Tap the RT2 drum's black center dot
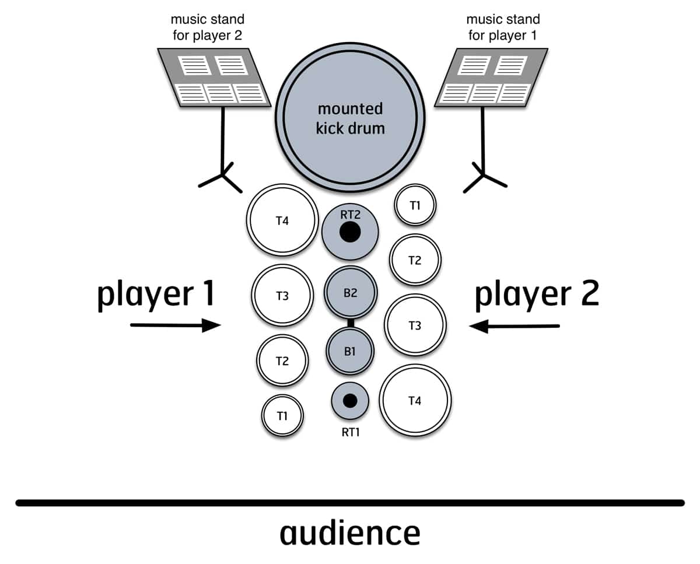[350, 232]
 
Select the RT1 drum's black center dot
[350, 400]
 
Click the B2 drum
[351, 293]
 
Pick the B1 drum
[350, 351]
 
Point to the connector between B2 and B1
[350, 323]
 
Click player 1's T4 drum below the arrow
[415, 401]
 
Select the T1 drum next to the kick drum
[415, 205]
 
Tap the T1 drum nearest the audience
[282, 415]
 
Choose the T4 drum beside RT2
[282, 221]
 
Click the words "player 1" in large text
[156, 294]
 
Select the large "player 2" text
[537, 294]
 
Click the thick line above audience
[350, 503]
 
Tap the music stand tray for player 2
[214, 78]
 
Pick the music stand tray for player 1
[492, 78]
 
